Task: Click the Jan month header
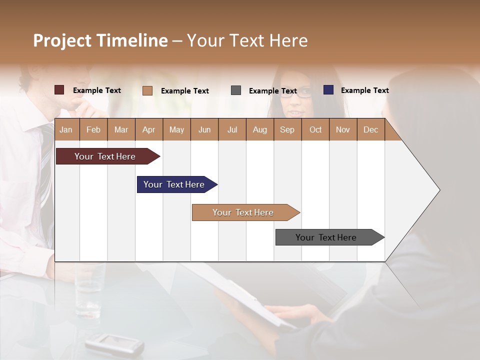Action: (x=66, y=129)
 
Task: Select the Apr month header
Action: (x=148, y=129)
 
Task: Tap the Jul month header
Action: (x=232, y=129)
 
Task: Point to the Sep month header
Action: (x=287, y=129)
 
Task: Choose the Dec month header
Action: (x=370, y=129)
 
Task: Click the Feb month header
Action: (x=93, y=129)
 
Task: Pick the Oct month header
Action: (x=315, y=129)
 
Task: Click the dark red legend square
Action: (x=59, y=90)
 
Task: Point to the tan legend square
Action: (x=147, y=90)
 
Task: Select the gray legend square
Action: (x=236, y=90)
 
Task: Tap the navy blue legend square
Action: (x=328, y=90)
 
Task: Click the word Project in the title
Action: (x=63, y=40)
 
